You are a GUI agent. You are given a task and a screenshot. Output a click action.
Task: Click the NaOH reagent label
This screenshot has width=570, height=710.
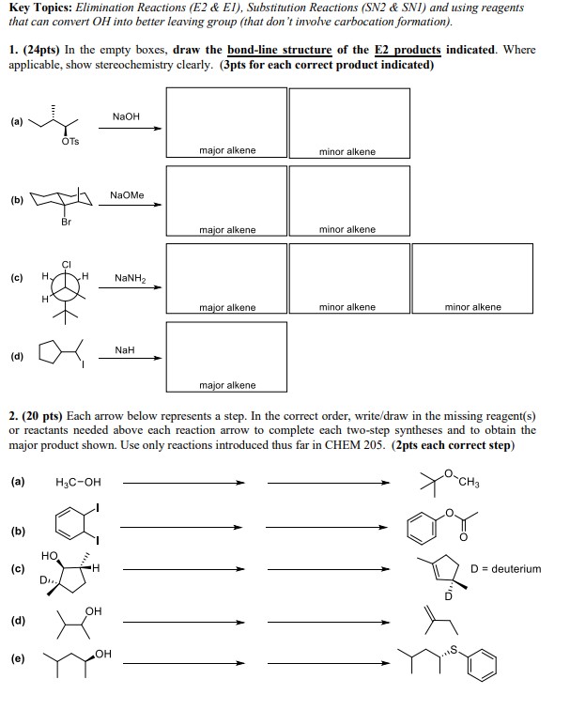tap(126, 116)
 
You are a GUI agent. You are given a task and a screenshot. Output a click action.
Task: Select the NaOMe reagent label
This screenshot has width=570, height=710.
tap(127, 195)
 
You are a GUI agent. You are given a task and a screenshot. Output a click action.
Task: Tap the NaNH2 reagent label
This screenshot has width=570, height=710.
tap(130, 279)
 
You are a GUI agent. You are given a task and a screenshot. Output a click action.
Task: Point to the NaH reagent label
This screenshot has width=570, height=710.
tap(125, 349)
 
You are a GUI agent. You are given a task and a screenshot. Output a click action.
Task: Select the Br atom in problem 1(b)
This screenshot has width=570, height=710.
tap(65, 223)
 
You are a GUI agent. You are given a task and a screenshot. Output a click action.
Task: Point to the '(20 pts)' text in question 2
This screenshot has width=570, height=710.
tap(41, 414)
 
